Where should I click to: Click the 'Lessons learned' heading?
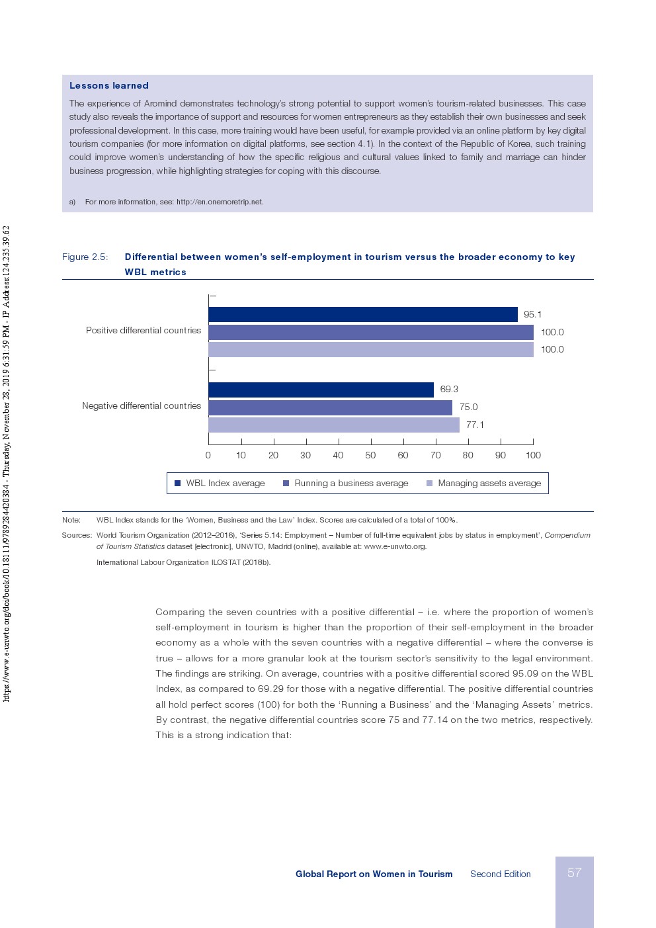109,85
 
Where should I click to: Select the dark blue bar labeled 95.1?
362,315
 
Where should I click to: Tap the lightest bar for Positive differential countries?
370,350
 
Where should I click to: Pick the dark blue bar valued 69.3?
321,390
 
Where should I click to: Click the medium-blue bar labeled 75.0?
330,407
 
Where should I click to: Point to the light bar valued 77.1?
333,425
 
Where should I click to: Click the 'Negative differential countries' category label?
142,405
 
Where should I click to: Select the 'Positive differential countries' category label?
143,330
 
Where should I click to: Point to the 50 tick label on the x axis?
370,455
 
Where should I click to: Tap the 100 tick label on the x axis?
533,455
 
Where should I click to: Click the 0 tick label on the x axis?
208,455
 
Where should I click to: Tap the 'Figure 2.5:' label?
85,257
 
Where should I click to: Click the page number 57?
574,873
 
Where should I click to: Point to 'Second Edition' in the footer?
501,874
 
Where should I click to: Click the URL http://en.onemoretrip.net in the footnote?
220,202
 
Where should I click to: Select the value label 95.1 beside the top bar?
532,315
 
